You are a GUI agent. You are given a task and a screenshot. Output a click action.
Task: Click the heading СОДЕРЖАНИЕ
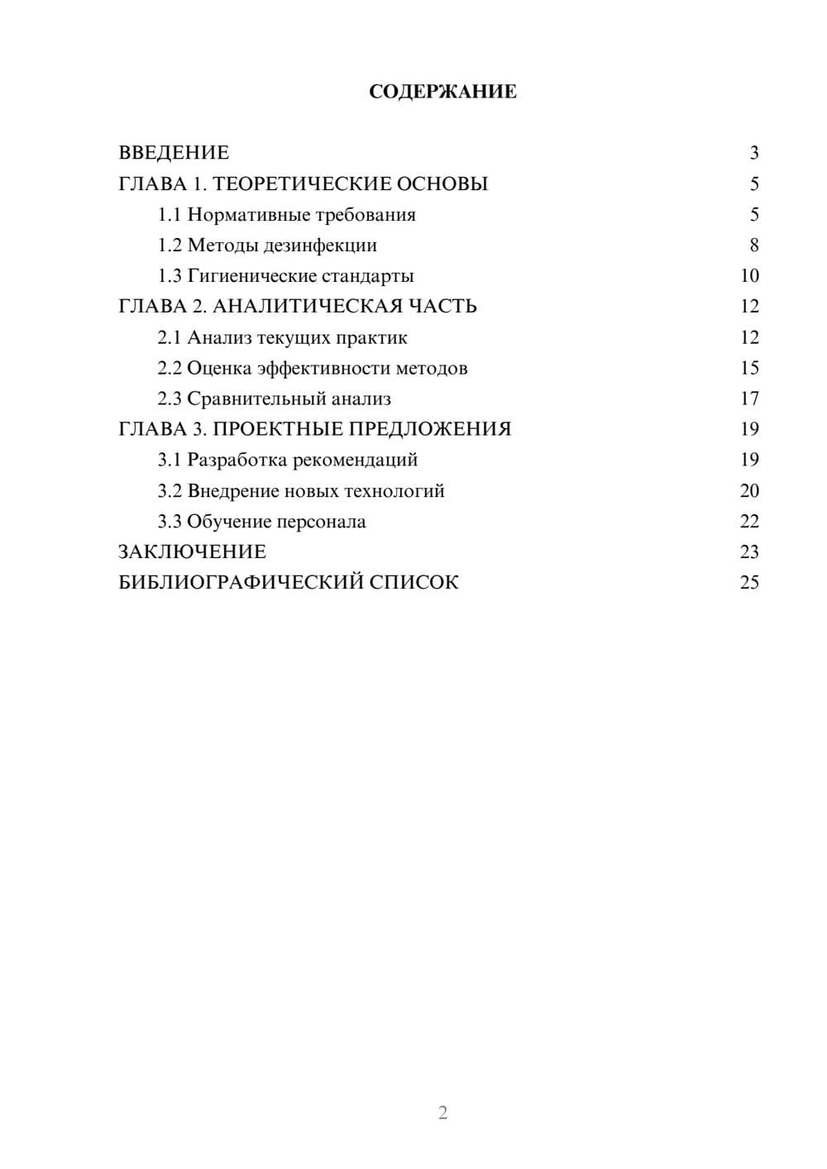(442, 92)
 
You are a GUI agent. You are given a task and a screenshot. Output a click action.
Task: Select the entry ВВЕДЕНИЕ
(174, 153)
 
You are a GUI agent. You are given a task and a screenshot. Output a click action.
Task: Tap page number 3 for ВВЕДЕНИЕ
(753, 153)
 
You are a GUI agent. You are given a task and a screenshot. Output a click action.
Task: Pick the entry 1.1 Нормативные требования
(286, 215)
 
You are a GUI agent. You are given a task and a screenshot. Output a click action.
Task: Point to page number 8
(753, 246)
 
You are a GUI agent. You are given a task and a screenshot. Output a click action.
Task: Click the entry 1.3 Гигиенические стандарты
(285, 276)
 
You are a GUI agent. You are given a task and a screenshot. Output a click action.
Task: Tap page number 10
(749, 276)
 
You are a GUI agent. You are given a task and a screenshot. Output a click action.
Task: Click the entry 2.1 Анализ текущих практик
(282, 337)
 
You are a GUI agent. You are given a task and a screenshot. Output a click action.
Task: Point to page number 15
(749, 368)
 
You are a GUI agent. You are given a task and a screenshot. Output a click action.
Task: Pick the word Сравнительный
(256, 399)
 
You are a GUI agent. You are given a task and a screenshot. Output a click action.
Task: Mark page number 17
(749, 399)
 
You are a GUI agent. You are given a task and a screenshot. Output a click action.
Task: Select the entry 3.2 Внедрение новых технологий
(301, 491)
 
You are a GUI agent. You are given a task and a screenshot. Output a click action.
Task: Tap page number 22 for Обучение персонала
(749, 522)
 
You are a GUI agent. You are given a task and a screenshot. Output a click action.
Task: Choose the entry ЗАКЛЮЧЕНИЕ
(192, 552)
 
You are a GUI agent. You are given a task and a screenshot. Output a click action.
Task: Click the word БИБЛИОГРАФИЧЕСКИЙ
(241, 583)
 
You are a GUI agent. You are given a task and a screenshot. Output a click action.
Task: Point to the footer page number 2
(442, 1113)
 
